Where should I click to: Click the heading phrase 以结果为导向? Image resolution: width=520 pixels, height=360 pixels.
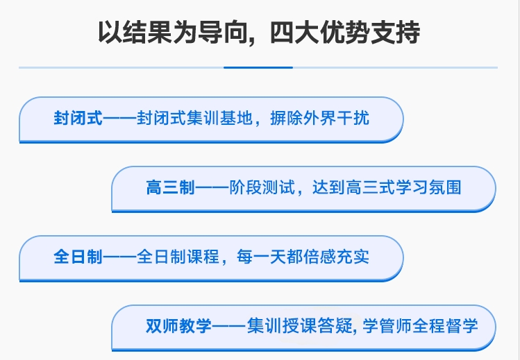pyautogui.click(x=172, y=33)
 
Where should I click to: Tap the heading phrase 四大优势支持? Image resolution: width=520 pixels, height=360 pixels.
pyautogui.click(x=345, y=33)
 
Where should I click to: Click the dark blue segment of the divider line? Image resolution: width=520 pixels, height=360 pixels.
pyautogui.click(x=258, y=67)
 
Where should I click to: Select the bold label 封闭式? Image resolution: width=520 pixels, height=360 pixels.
pyautogui.click(x=78, y=118)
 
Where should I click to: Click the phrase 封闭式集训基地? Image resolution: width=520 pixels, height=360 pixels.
pyautogui.click(x=194, y=118)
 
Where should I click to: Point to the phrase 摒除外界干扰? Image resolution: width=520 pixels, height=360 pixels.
pyautogui.click(x=319, y=118)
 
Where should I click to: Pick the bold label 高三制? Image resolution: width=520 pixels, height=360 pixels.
pyautogui.click(x=171, y=187)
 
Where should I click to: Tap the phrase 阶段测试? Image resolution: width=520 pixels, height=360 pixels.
pyautogui.click(x=262, y=187)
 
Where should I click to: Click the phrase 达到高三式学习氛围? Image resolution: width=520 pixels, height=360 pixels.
pyautogui.click(x=387, y=187)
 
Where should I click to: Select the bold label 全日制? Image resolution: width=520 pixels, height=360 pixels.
pyautogui.click(x=78, y=257)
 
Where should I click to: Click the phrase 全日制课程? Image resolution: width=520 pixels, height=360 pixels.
pyautogui.click(x=178, y=257)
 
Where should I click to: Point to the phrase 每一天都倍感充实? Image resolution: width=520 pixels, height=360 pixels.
pyautogui.click(x=303, y=257)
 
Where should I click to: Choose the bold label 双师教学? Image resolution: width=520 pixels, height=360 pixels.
pyautogui.click(x=178, y=326)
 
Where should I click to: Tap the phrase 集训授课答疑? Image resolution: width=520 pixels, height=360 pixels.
pyautogui.click(x=299, y=326)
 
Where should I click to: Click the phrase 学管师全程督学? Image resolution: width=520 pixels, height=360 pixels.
pyautogui.click(x=420, y=326)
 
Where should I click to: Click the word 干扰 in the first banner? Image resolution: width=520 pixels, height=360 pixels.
pyautogui.click(x=353, y=118)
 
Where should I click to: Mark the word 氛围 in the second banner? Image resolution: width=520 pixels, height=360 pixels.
pyautogui.click(x=445, y=187)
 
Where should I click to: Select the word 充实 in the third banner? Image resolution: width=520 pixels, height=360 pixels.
pyautogui.click(x=353, y=257)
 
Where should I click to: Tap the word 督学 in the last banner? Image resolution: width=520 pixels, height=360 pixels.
pyautogui.click(x=462, y=326)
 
